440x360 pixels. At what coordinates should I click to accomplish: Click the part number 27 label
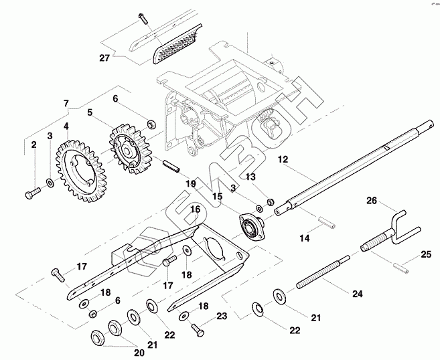pos(104,58)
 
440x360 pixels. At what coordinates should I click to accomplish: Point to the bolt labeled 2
pos(31,194)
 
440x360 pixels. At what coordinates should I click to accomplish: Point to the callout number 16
pos(195,209)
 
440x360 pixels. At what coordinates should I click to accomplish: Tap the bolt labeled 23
pos(198,328)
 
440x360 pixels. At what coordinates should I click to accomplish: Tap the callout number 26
pos(372,199)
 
